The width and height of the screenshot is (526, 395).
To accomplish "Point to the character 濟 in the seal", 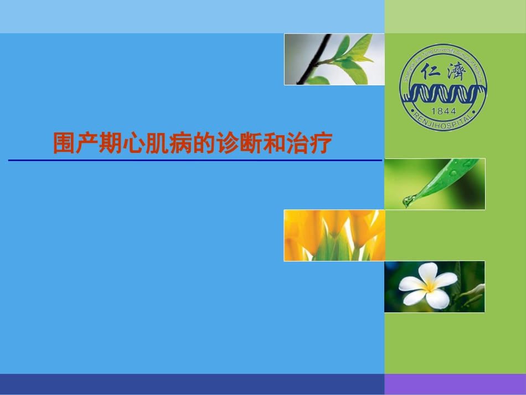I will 457,72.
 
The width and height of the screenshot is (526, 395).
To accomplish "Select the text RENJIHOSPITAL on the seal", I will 444,121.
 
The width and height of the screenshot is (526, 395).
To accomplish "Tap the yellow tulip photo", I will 334,235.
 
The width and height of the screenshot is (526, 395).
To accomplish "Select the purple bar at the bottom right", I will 455,384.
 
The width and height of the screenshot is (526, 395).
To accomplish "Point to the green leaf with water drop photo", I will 435,184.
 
